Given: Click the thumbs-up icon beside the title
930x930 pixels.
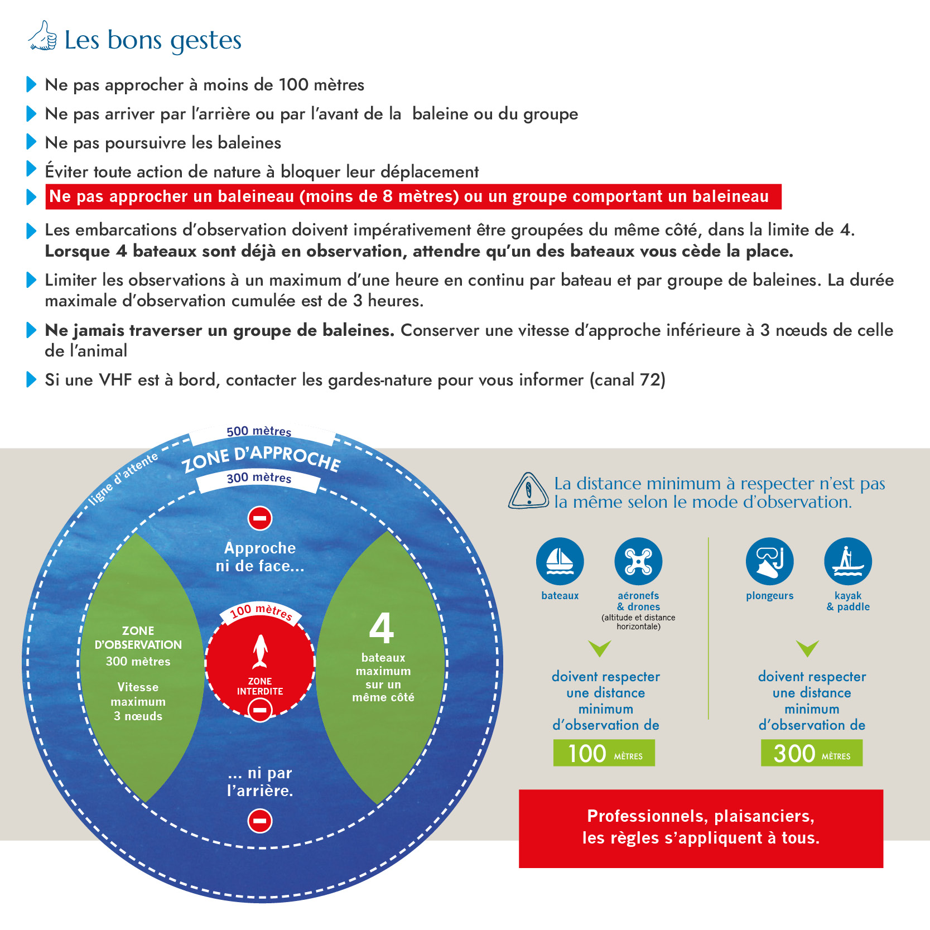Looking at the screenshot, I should point(43,36).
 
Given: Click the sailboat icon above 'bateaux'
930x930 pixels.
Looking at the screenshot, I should point(560,561).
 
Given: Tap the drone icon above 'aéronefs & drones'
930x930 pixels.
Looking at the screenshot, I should point(638,561).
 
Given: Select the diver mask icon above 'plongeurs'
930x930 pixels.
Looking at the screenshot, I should point(769,561).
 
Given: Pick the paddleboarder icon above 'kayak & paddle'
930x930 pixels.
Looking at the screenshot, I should point(847,561).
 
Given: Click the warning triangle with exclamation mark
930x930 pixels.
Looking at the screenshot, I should point(528,491).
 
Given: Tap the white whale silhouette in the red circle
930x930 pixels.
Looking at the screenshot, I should point(260,651).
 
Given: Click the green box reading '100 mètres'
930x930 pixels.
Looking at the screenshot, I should point(604,753).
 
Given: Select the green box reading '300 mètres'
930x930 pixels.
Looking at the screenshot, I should point(811,753).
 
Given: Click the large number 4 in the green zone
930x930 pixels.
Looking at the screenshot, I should point(382,628).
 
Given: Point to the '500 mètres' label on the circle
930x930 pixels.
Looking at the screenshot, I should point(259,431).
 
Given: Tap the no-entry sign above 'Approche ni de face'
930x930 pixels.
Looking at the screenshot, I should point(260,518).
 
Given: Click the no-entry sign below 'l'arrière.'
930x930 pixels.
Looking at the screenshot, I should point(260,821).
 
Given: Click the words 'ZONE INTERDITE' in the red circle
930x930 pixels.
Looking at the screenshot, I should point(260,686).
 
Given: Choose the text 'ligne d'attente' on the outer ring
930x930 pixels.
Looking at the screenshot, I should point(124,479).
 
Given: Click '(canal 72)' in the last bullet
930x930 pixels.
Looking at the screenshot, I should point(628,380).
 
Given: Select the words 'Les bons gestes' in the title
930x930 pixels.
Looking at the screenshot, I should point(153,40).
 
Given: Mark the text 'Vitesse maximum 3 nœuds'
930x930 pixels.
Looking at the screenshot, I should point(138,702).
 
